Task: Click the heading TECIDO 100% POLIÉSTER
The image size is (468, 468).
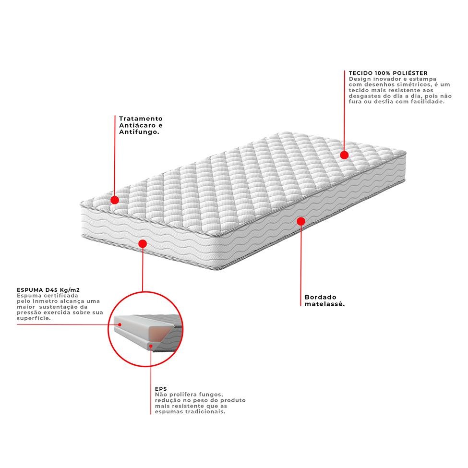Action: tap(388, 73)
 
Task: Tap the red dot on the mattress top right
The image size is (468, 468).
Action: tap(344, 155)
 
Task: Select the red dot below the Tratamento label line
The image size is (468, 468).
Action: tap(115, 200)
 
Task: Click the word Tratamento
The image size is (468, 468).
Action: tap(141, 119)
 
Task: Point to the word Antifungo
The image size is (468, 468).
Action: tap(139, 132)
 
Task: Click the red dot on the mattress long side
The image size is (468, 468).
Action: tap(301, 221)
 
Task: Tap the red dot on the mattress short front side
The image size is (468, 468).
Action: tap(143, 244)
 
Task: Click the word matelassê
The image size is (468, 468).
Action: tap(325, 304)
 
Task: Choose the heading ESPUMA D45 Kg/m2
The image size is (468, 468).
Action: tap(48, 290)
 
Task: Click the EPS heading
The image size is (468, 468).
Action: tap(161, 389)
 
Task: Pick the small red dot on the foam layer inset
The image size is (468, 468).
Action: tap(120, 324)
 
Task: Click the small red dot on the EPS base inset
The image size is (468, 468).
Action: tap(151, 346)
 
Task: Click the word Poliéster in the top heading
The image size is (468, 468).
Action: tap(410, 73)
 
